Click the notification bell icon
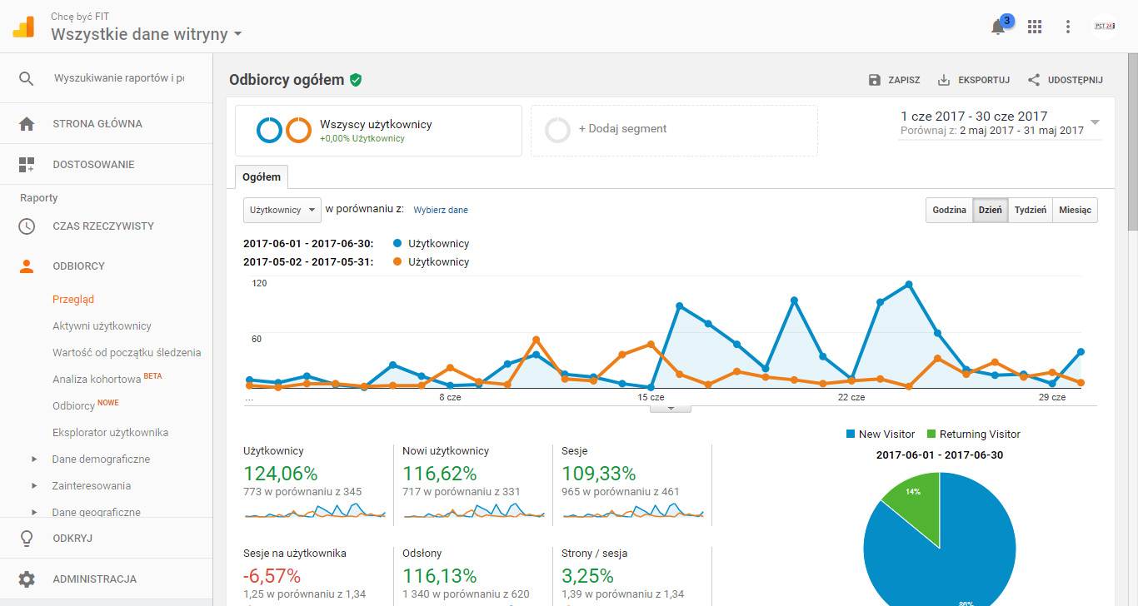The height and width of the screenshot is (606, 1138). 998,27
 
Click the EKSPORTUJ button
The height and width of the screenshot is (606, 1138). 974,80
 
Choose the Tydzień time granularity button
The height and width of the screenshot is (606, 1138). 1031,210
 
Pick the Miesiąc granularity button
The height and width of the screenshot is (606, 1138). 1075,210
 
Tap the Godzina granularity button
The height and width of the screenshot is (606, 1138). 949,210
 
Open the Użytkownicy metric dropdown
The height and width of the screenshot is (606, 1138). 282,210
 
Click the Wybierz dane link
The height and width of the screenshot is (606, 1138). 441,211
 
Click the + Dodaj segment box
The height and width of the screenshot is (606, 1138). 674,130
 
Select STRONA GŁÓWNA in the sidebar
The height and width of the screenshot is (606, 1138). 97,124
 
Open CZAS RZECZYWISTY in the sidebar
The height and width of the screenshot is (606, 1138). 103,226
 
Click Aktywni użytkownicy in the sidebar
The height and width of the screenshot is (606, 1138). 102,326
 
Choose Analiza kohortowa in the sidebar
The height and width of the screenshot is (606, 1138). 97,380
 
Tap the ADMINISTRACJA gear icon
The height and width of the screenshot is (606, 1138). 27,579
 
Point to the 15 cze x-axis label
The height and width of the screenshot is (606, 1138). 651,398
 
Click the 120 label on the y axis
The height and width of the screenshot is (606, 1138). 259,284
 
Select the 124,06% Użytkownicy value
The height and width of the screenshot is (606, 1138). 281,474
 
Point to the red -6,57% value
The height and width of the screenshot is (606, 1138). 272,576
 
